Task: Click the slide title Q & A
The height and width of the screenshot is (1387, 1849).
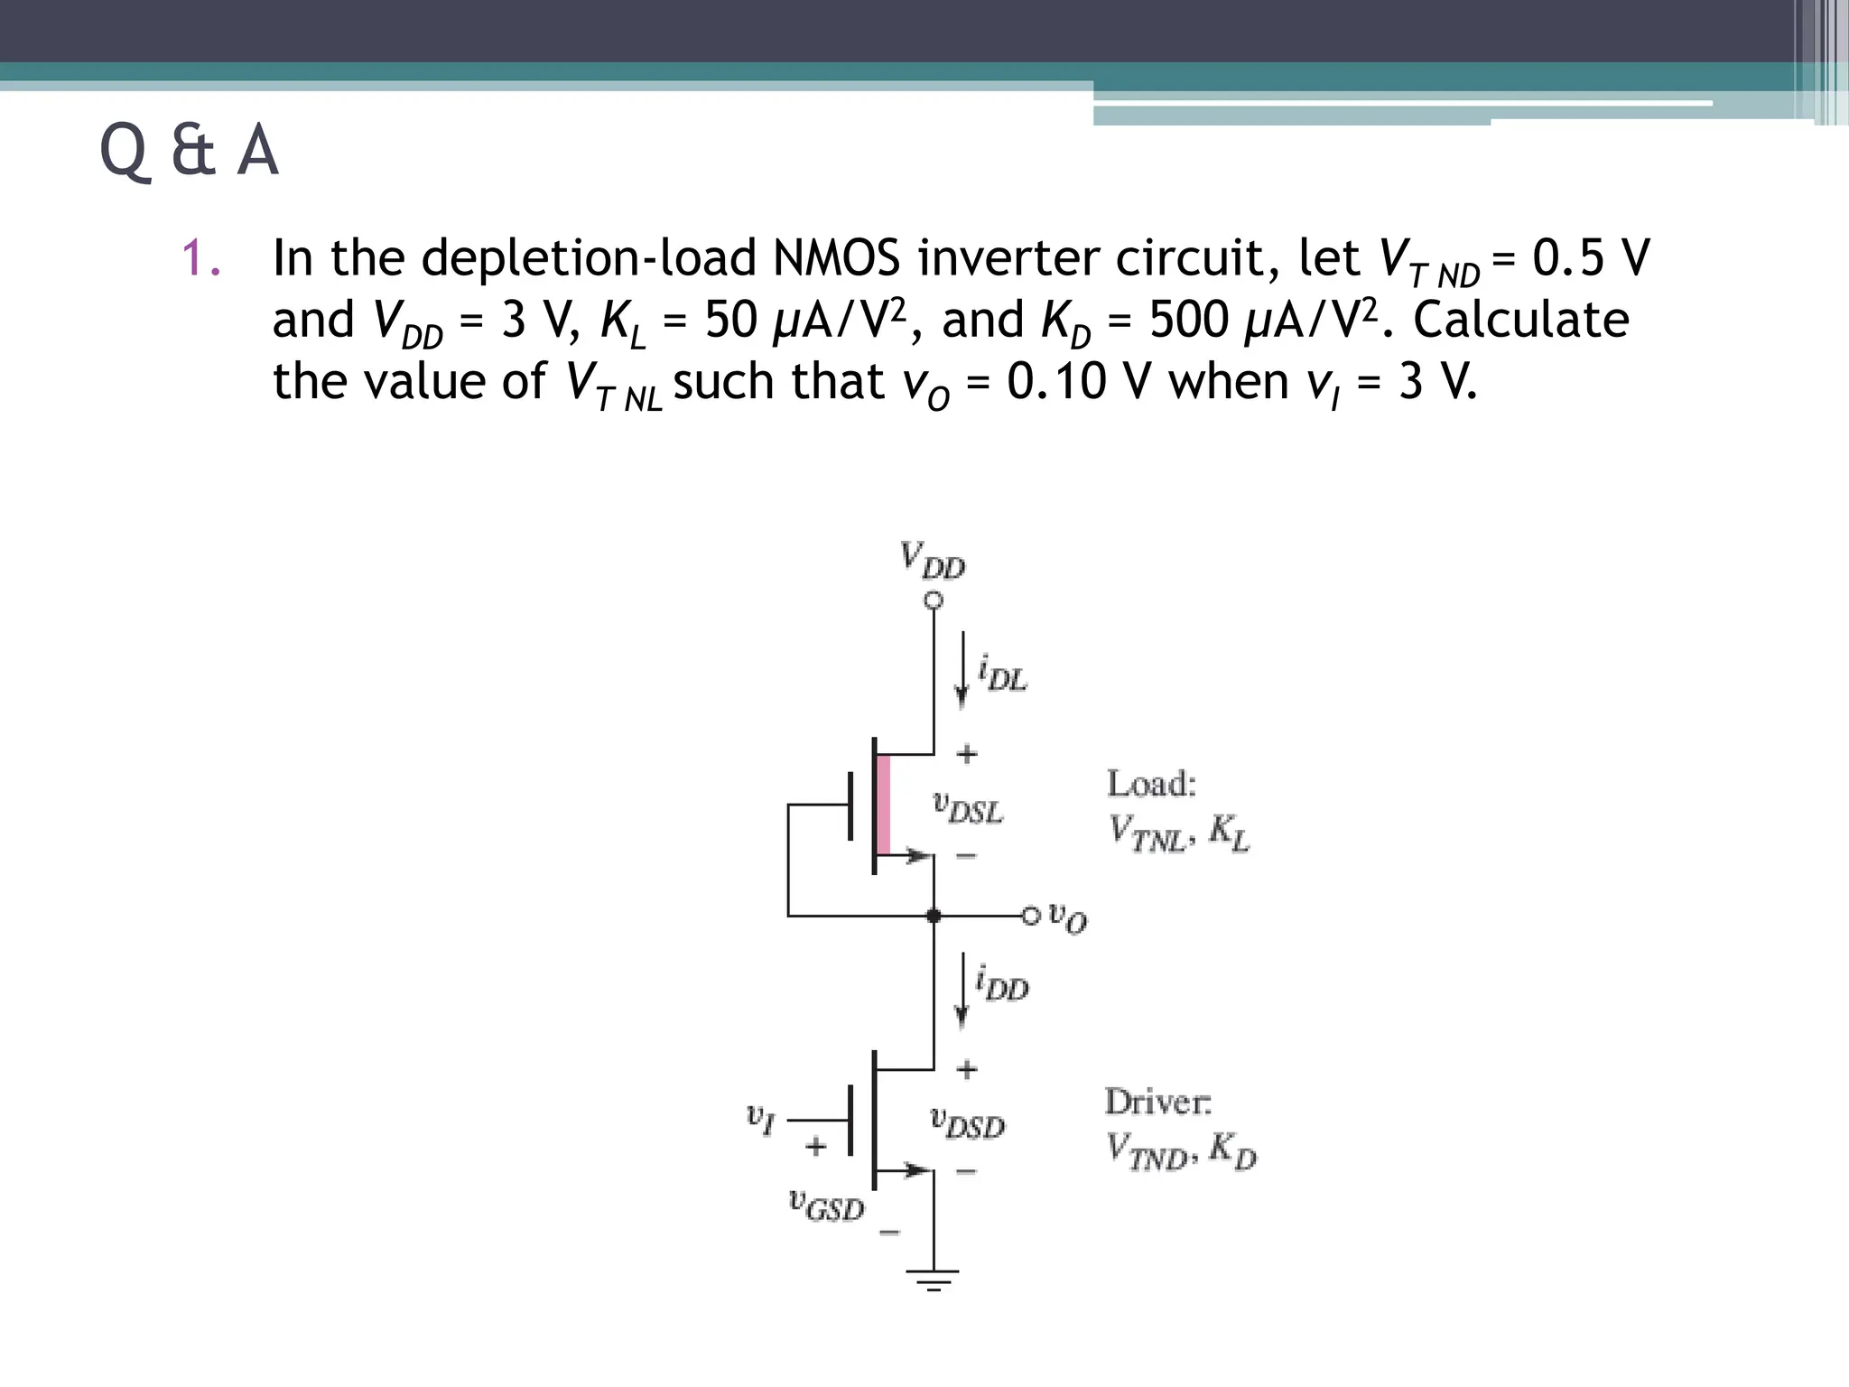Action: [189, 151]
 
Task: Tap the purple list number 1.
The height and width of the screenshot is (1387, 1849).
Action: [200, 258]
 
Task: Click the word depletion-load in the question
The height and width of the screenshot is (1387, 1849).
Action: [589, 258]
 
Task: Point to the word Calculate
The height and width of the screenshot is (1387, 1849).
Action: [1520, 320]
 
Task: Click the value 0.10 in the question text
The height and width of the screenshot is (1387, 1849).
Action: [1056, 381]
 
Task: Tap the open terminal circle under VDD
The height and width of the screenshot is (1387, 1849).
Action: [934, 600]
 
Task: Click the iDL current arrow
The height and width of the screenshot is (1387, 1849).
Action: [962, 670]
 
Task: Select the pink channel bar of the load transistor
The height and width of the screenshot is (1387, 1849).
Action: [884, 805]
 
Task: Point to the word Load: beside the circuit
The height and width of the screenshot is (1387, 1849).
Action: [1151, 784]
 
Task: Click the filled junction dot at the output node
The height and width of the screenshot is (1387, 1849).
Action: [934, 916]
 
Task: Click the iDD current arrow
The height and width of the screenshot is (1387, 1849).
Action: [962, 990]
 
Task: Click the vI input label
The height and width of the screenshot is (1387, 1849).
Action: [760, 1119]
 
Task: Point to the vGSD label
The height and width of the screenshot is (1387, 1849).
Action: [826, 1205]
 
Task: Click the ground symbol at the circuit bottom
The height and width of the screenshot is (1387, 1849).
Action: [934, 1279]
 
